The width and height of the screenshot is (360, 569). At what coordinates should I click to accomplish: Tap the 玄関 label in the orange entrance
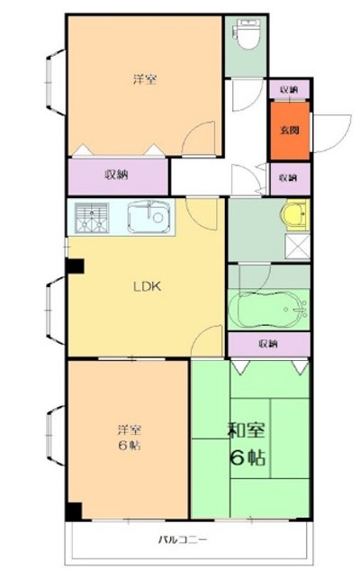289,131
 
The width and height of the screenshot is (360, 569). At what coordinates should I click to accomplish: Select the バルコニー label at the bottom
187,540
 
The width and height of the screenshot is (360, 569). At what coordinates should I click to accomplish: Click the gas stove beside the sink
91,217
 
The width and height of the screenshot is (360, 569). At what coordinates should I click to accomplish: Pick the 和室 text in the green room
246,430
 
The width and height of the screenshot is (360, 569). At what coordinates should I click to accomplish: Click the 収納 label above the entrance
288,91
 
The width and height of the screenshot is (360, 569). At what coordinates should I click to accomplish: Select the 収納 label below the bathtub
268,344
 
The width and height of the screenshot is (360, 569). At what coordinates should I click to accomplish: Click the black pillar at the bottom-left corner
74,510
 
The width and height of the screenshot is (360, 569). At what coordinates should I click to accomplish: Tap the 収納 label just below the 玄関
288,177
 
